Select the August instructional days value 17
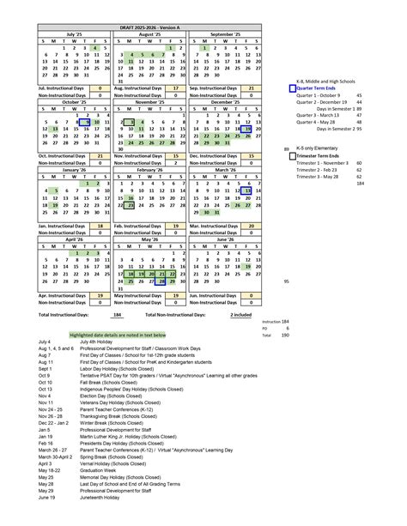tap(175, 88)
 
